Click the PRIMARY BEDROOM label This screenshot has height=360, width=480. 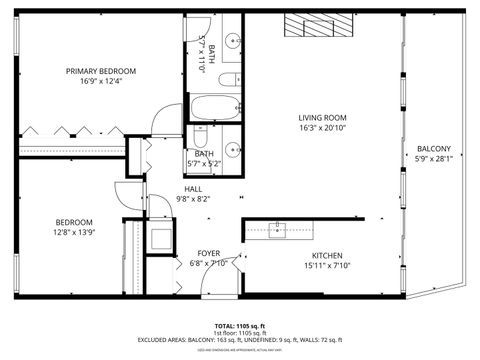[101, 71]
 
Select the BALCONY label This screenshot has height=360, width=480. [434, 148]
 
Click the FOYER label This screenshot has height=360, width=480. [208, 253]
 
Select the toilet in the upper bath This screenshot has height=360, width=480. [228, 80]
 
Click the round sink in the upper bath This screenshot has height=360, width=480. [231, 41]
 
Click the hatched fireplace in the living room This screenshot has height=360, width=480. [319, 27]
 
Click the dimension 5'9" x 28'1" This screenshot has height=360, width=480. [434, 159]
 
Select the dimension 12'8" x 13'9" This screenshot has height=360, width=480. [74, 232]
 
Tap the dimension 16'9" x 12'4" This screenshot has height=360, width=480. [101, 82]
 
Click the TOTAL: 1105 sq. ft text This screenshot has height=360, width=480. [239, 326]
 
